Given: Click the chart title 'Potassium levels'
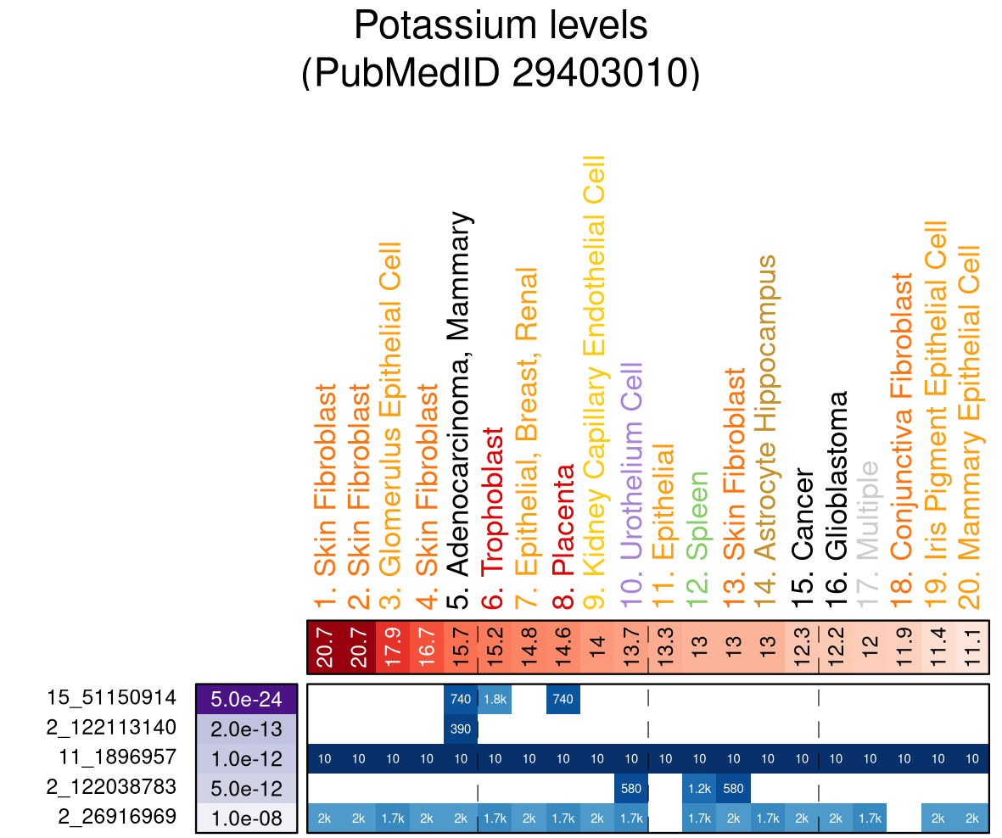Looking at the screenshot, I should coord(501,25).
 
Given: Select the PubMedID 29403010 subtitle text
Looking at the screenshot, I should coord(501,73).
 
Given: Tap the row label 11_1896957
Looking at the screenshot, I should coord(118,757).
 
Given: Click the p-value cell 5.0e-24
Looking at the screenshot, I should coord(246,699).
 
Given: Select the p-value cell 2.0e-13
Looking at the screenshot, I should coord(246,729).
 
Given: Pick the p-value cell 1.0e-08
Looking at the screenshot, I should coord(246,818).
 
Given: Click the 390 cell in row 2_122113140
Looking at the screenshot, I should coord(461,729).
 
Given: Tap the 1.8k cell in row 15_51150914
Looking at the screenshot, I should coord(495,699).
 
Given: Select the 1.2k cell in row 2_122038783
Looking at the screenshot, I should coord(699,788).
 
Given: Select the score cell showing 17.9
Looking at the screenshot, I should coord(392,648).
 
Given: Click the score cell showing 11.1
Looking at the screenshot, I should coord(972,648).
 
